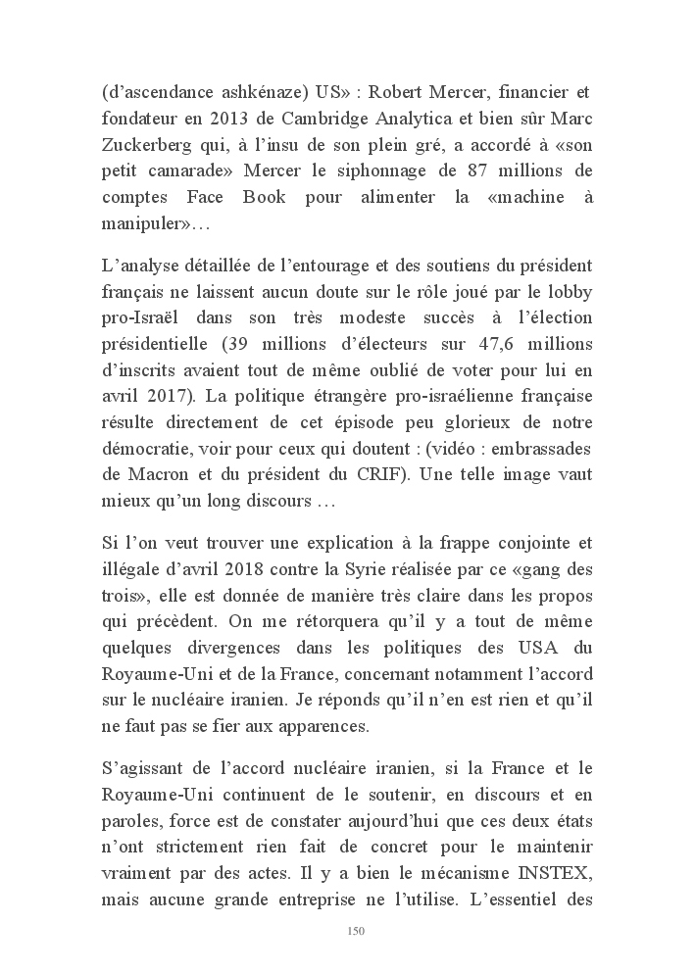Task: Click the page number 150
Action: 356,931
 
